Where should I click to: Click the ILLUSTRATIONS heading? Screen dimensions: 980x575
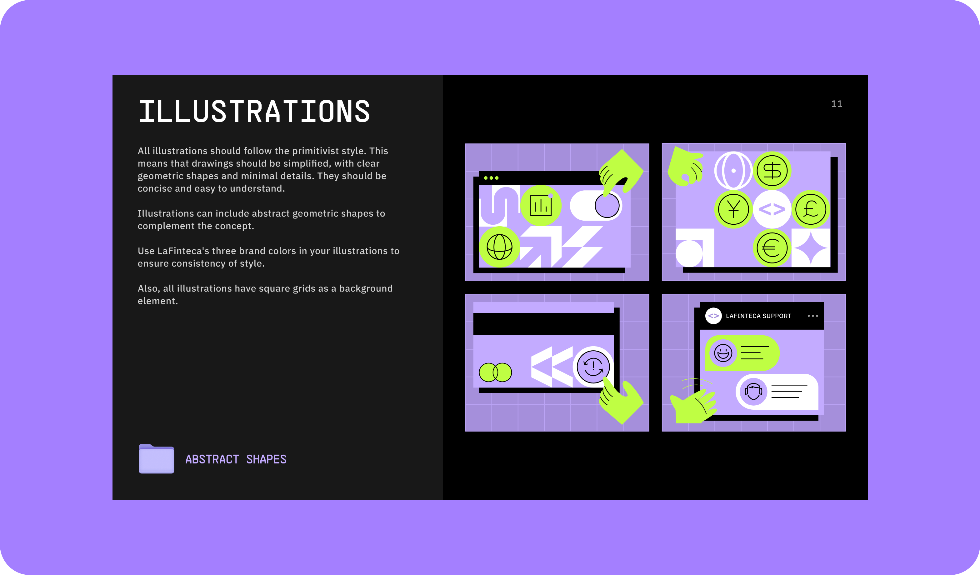[254, 111]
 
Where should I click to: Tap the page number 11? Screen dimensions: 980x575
[837, 104]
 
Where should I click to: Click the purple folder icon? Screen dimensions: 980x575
[156, 458]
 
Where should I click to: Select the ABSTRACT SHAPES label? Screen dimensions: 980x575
[236, 459]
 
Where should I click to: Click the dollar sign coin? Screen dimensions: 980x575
[772, 171]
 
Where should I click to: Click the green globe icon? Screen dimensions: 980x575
[499, 247]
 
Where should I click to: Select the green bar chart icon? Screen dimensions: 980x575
[541, 205]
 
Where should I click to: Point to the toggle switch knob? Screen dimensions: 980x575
[607, 205]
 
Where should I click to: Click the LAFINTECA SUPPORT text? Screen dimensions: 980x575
[758, 316]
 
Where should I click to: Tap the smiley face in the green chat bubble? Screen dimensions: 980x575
[723, 353]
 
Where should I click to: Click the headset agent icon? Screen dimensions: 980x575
[753, 392]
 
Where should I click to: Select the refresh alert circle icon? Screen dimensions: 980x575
[593, 367]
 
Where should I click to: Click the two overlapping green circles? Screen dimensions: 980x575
[495, 372]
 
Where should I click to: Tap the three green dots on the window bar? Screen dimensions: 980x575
[491, 178]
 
